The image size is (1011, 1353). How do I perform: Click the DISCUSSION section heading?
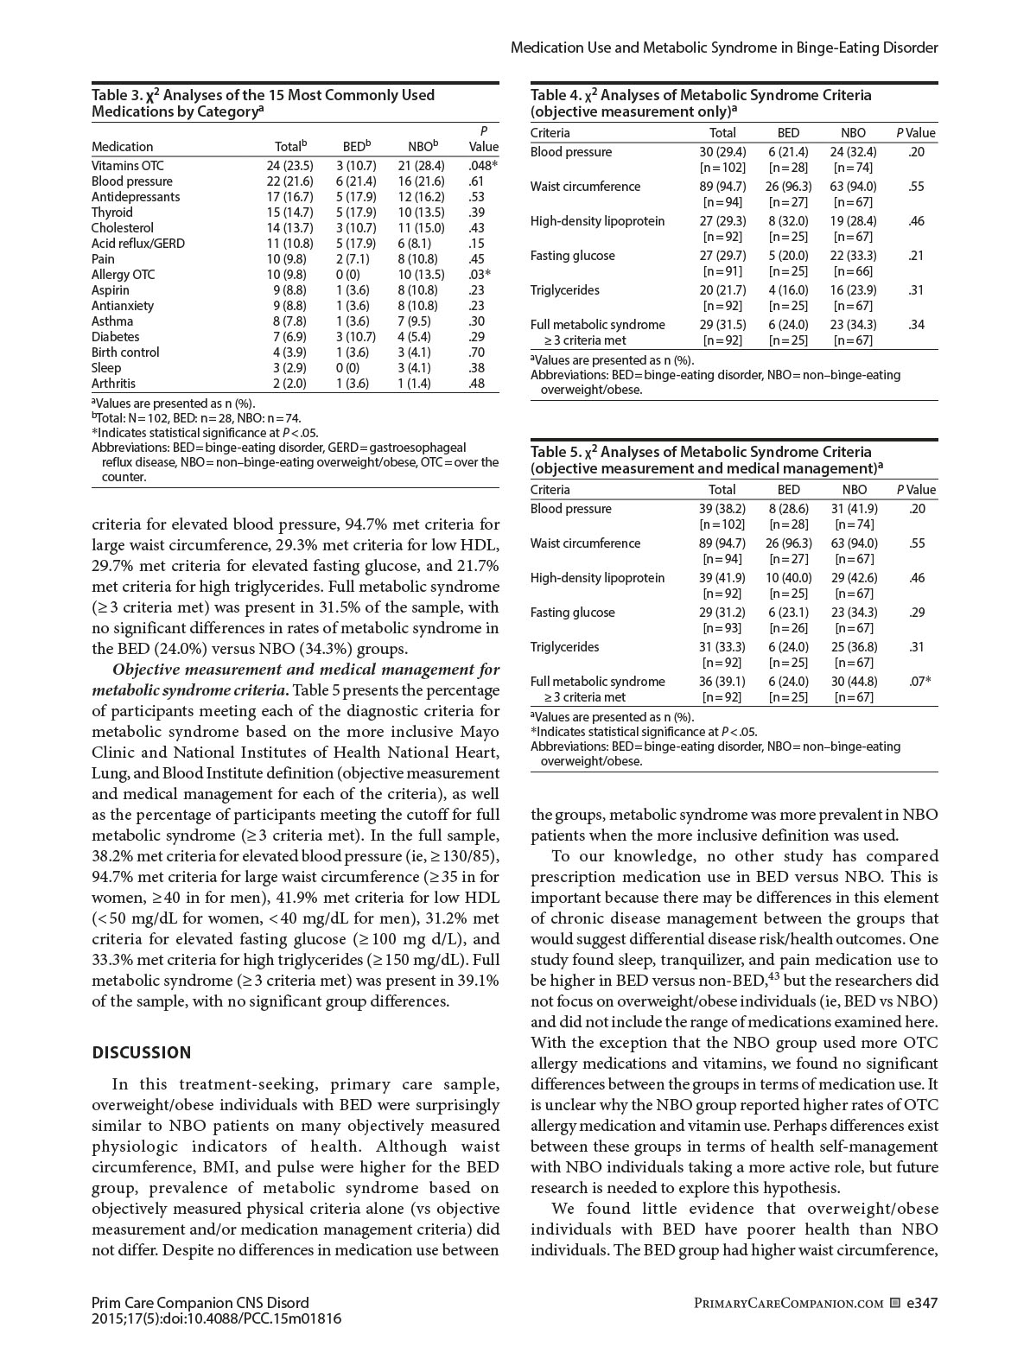(141, 1052)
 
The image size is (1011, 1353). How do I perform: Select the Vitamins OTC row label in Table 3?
(127, 166)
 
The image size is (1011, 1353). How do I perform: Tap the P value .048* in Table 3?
(483, 166)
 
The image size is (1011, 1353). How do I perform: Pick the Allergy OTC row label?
(123, 275)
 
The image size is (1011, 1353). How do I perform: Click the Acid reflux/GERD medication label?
(137, 244)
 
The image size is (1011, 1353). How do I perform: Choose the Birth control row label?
(125, 353)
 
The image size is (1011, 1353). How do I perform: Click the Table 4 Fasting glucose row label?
(572, 256)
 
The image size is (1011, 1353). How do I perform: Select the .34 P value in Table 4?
(916, 325)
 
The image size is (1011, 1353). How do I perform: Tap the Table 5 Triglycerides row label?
(564, 647)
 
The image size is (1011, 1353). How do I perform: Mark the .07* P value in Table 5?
(919, 682)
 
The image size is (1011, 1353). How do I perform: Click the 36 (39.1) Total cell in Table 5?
(722, 682)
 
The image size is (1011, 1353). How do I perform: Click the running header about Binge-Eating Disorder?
(723, 48)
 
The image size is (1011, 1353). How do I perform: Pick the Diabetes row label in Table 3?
(115, 337)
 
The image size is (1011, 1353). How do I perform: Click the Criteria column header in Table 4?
(550, 133)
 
